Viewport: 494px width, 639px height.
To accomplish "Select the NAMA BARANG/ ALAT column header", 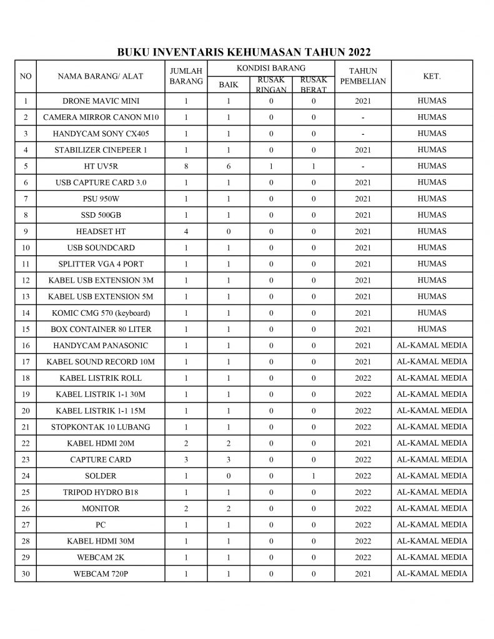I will [x=101, y=76].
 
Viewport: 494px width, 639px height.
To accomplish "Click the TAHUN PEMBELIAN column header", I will [x=363, y=76].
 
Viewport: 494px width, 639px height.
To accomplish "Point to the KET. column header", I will [x=432, y=76].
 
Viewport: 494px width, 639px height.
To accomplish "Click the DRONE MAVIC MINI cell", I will [x=101, y=101].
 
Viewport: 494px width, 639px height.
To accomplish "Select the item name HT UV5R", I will [x=101, y=167].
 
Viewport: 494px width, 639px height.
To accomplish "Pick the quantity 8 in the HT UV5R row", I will [x=186, y=167].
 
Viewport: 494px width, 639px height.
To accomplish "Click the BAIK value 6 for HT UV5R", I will [x=229, y=167].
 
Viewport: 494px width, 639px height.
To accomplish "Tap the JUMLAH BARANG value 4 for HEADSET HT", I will [x=186, y=232].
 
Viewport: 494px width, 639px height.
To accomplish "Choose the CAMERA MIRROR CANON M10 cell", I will [x=101, y=117].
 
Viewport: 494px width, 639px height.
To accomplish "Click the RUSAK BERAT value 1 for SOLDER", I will [x=314, y=476].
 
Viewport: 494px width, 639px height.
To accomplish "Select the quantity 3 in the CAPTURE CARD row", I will [x=186, y=460].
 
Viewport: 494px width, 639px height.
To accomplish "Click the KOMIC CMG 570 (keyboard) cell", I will [x=101, y=313].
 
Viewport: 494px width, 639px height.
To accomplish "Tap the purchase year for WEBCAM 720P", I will [x=363, y=574].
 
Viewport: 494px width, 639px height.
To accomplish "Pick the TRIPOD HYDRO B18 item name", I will [x=101, y=492].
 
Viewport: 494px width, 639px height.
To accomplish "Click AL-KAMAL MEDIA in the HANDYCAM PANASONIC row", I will [x=432, y=345].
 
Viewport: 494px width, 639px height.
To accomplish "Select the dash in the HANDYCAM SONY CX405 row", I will [x=363, y=134].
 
